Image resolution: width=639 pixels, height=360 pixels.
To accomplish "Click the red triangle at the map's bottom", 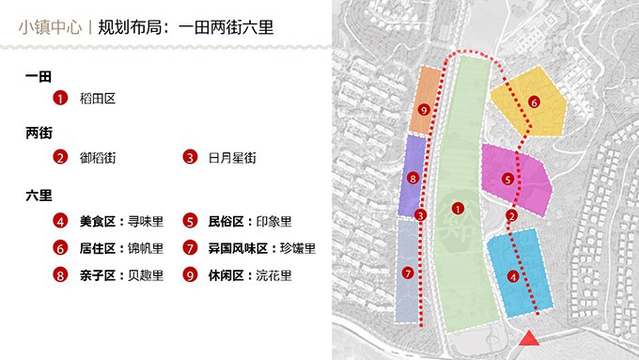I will click(x=530, y=339).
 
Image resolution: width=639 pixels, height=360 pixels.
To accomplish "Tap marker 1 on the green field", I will click(x=458, y=208).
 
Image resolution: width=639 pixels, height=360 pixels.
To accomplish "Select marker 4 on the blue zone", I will click(x=512, y=276).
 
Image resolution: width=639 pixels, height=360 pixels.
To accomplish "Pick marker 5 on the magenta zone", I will click(x=508, y=179).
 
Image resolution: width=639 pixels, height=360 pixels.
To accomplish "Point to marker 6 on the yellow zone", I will click(x=534, y=102).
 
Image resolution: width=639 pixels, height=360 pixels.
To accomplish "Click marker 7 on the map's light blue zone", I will click(x=407, y=273).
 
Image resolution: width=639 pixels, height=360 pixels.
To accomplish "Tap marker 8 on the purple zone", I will click(x=413, y=178).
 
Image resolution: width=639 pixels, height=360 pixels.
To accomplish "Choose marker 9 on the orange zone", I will click(x=425, y=111).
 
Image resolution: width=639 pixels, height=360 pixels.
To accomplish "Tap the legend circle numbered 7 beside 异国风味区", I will click(x=190, y=249).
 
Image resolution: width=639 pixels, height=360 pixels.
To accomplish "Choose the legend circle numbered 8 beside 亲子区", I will click(x=61, y=276).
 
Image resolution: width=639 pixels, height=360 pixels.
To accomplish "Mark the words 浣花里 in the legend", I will click(x=274, y=276).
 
